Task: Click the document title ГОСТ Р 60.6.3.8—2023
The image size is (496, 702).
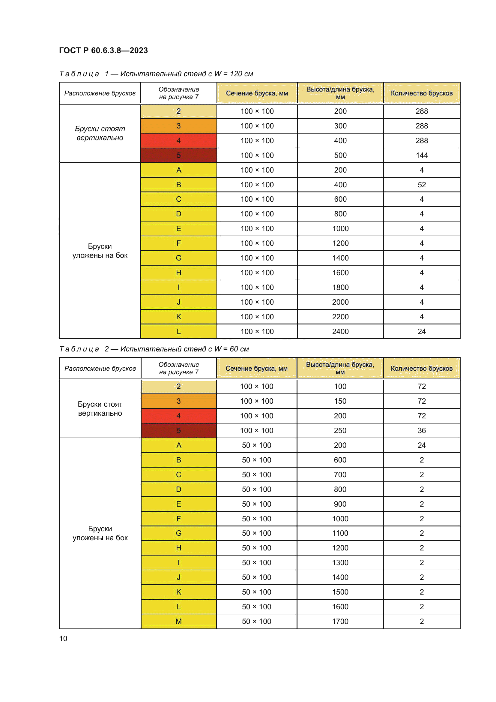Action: tap(103, 50)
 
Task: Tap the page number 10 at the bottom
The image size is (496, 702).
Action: tap(63, 638)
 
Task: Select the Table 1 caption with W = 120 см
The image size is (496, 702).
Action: tap(156, 74)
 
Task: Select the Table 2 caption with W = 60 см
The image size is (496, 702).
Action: tap(154, 349)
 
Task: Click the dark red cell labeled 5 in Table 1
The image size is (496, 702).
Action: tap(179, 155)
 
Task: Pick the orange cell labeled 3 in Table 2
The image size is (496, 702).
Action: tap(179, 401)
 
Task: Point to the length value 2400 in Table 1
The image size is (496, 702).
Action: tap(340, 331)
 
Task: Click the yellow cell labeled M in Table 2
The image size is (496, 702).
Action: tap(179, 621)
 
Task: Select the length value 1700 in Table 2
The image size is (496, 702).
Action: tap(340, 621)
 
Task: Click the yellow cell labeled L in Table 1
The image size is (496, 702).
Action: tap(179, 331)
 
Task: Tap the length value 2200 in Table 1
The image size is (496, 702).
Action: tap(340, 317)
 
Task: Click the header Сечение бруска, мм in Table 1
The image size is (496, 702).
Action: tap(257, 93)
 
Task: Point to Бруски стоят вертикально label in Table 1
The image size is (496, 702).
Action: tap(100, 133)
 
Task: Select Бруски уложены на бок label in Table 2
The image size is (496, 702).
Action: tap(100, 533)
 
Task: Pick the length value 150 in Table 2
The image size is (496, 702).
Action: tap(340, 401)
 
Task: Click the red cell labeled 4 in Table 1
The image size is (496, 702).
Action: tap(179, 141)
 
